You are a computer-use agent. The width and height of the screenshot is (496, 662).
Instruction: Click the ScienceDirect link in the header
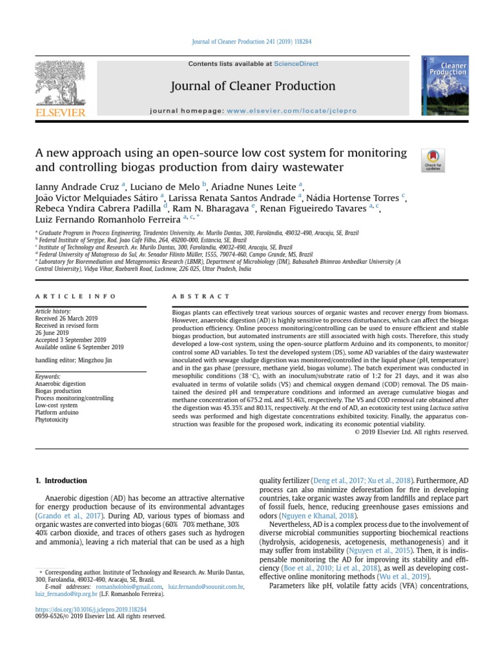(x=294, y=64)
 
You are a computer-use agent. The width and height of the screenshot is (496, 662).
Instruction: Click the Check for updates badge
(x=432, y=160)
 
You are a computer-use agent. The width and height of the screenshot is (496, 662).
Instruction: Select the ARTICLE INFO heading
(x=76, y=296)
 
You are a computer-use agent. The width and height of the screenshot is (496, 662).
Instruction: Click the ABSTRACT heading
(x=201, y=296)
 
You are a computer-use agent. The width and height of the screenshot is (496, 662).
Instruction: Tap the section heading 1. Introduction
(x=60, y=481)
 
